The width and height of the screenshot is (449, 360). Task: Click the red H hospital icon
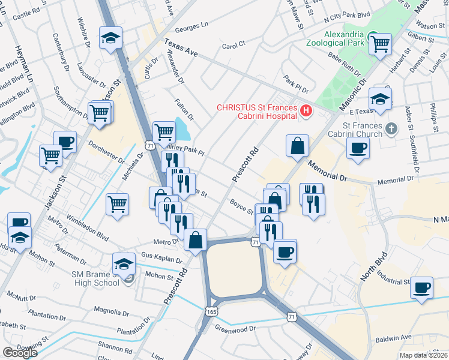coord(307,110)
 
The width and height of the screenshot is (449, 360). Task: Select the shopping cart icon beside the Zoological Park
coord(380,43)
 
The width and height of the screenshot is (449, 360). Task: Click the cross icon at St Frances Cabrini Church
coord(391,128)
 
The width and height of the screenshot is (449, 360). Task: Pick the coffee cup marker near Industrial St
coord(422,287)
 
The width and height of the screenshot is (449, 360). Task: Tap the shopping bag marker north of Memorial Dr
coord(298,146)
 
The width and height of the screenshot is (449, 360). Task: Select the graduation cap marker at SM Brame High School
coord(124,263)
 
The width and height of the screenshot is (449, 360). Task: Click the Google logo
coord(20,353)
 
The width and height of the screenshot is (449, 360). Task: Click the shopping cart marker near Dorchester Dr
coord(51,155)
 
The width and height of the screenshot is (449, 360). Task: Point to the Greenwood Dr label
coord(235,329)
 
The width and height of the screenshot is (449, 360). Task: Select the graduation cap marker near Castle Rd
coord(111,38)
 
